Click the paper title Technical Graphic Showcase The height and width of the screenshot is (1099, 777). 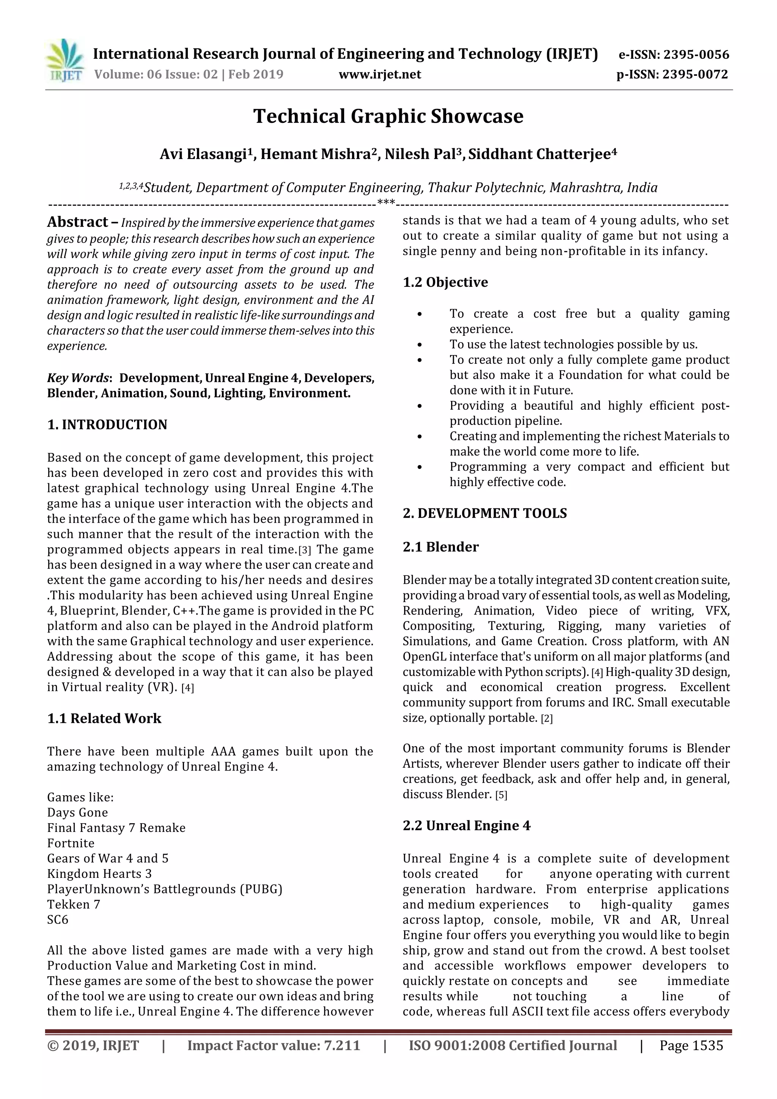(x=388, y=116)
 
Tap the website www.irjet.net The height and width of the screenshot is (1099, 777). (x=380, y=75)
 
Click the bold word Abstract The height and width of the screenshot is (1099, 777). (x=77, y=222)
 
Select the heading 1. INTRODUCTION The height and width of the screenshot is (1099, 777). (x=107, y=425)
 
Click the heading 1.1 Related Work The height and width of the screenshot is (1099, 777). (x=104, y=719)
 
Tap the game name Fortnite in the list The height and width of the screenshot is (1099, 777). (x=71, y=843)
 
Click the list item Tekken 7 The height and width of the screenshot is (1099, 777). (x=73, y=904)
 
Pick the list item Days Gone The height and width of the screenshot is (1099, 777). (x=77, y=812)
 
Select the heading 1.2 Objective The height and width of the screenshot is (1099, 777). (x=445, y=282)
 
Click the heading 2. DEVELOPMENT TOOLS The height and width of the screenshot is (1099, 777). (x=484, y=513)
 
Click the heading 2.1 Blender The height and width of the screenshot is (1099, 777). (x=440, y=547)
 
